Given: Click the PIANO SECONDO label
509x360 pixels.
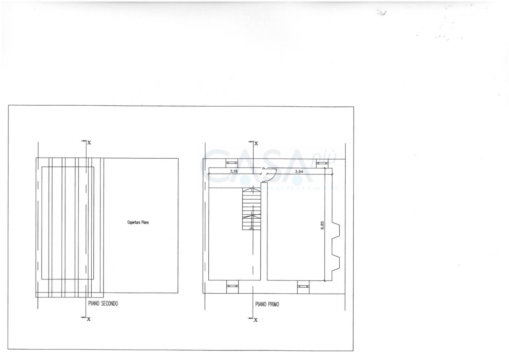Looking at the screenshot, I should [103, 304].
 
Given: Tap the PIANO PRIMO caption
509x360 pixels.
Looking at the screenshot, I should [267, 304].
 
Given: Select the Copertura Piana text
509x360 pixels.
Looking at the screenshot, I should [138, 222].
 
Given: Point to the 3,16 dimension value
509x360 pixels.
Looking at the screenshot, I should [234, 172].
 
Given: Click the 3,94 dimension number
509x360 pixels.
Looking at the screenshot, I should [299, 172].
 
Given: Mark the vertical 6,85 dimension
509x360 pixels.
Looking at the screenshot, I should [322, 226].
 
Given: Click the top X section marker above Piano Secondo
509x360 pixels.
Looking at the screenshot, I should [89, 143].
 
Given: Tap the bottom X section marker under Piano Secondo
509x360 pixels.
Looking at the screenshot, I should [89, 319].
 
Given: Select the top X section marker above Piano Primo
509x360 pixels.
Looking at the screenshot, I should [256, 143].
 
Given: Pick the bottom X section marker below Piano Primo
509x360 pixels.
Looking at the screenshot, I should [256, 320].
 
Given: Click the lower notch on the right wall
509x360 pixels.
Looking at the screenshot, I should [336, 260].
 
